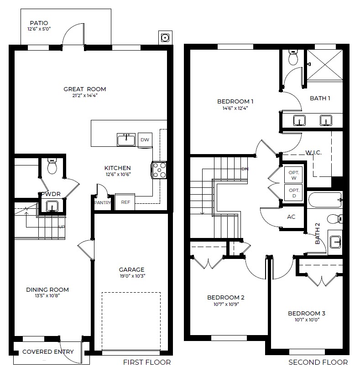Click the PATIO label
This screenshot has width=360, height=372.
pyautogui.click(x=39, y=23)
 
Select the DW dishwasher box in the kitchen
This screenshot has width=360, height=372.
pyautogui.click(x=144, y=140)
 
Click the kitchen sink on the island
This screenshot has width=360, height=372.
pyautogui.click(x=126, y=140)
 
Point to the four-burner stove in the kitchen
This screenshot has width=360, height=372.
pyautogui.click(x=160, y=170)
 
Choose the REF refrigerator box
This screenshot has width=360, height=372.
pyautogui.click(x=125, y=202)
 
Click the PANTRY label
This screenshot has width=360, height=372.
pyautogui.click(x=103, y=202)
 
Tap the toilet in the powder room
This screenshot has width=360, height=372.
pyautogui.click(x=52, y=167)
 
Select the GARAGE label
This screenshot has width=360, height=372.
pyautogui.click(x=132, y=269)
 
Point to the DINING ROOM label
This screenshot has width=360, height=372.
pyautogui.click(x=47, y=289)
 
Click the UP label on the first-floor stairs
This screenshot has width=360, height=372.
pyautogui.click(x=61, y=226)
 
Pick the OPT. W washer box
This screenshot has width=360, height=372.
pyautogui.click(x=294, y=175)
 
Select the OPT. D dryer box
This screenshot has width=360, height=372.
pyautogui.click(x=294, y=192)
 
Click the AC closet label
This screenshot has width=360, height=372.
pyautogui.click(x=291, y=217)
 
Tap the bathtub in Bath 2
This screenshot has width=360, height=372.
pyautogui.click(x=324, y=200)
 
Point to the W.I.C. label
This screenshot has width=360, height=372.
pyautogui.click(x=313, y=152)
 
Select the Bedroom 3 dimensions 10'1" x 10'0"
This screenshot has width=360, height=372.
pyautogui.click(x=306, y=320)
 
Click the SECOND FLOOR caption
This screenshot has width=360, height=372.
pyautogui.click(x=318, y=362)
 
